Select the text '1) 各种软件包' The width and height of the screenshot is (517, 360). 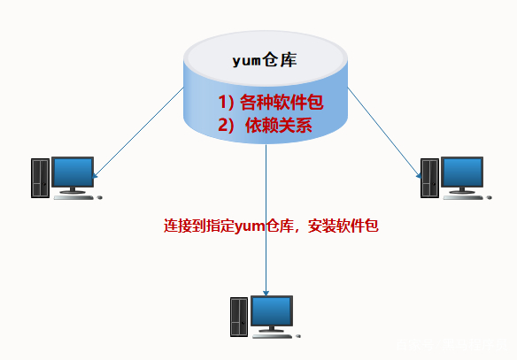click(x=266, y=101)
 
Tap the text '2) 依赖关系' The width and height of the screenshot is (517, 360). click(x=266, y=125)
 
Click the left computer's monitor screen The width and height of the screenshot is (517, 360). click(x=73, y=172)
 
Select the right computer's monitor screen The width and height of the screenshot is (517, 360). click(x=461, y=172)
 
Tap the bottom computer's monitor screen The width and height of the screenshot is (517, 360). click(x=271, y=310)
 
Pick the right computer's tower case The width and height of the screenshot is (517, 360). click(x=428, y=178)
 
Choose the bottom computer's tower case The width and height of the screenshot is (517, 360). click(x=238, y=317)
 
